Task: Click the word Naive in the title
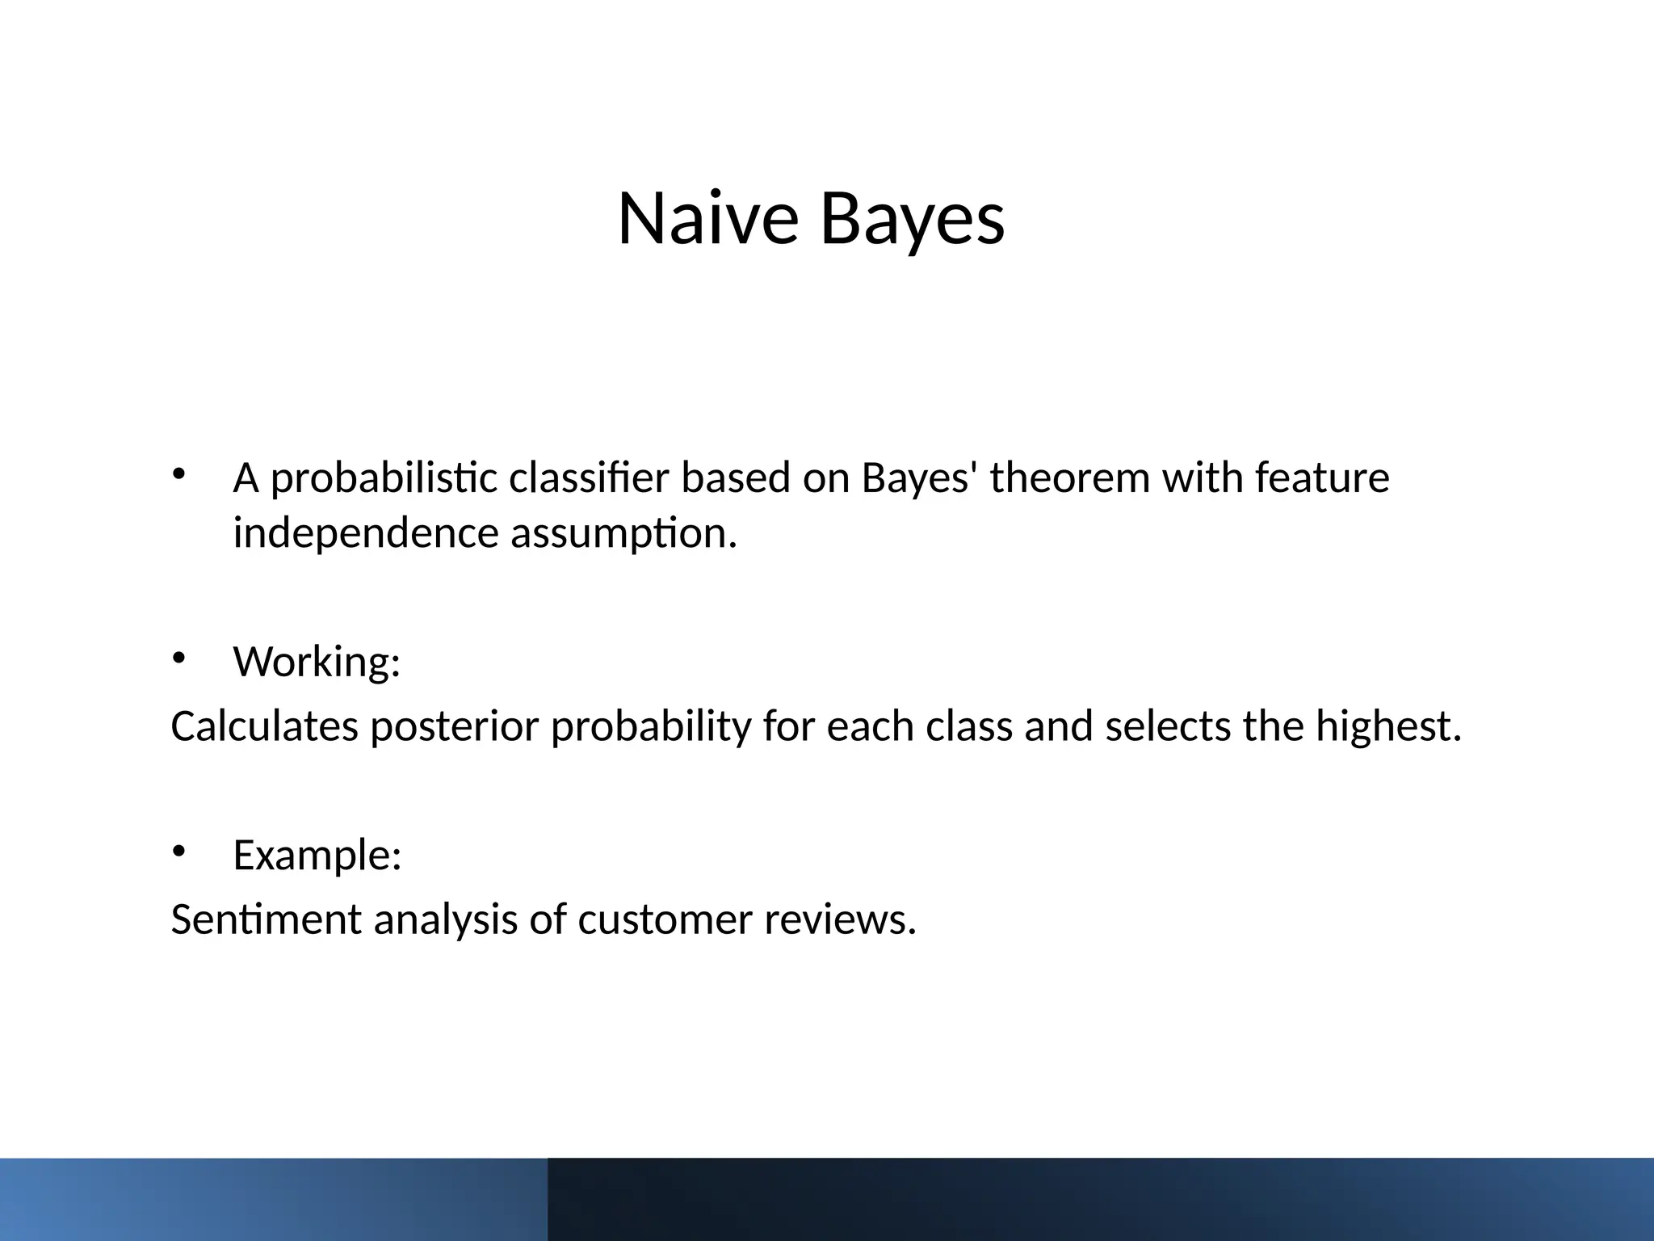[x=707, y=219]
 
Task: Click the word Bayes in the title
[x=913, y=219]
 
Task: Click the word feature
[x=1322, y=478]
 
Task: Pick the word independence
[x=366, y=533]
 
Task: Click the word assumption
[x=623, y=533]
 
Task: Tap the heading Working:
[x=317, y=662]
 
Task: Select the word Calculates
[x=264, y=726]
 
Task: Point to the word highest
[x=1387, y=726]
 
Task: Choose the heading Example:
[x=317, y=855]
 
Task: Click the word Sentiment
[x=266, y=919]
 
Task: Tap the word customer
[x=665, y=919]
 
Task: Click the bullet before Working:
[x=178, y=658]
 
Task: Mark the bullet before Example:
[x=178, y=852]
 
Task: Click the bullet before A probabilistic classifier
[x=178, y=474]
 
